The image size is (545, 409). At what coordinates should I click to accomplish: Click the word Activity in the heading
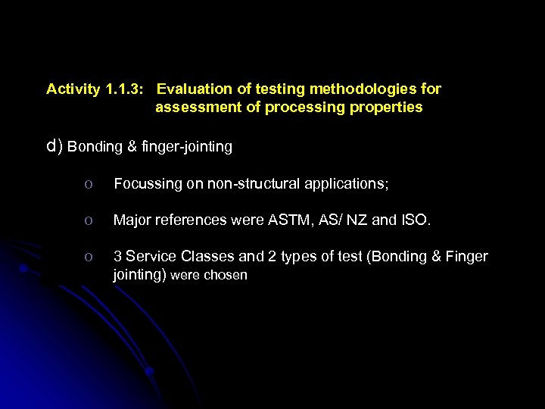(73, 89)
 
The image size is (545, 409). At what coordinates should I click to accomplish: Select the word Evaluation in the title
(192, 89)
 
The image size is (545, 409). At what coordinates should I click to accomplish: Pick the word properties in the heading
(386, 108)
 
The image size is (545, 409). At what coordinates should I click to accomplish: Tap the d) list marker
(54, 147)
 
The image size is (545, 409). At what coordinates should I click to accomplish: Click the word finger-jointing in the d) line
(186, 147)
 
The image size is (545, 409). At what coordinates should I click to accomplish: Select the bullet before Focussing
(89, 184)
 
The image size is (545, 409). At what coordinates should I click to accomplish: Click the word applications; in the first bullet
(347, 183)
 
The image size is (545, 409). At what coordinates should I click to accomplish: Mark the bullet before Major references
(89, 220)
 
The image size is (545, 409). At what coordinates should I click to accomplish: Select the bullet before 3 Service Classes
(89, 257)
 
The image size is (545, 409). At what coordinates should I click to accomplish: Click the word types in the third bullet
(301, 257)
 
